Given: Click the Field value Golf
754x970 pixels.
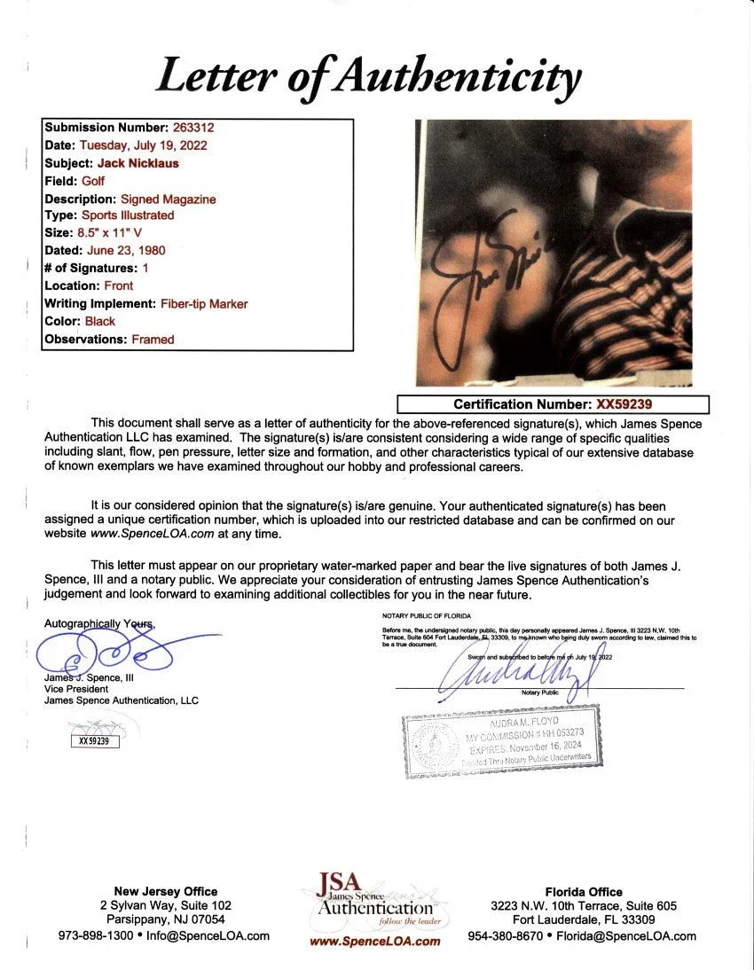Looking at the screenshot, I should click(x=93, y=181).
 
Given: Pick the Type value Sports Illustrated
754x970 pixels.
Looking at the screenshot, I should click(x=128, y=215).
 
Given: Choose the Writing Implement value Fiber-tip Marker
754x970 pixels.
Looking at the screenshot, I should click(x=204, y=303).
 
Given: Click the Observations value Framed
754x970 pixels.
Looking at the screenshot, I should click(x=153, y=339).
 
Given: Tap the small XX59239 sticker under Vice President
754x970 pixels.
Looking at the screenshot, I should click(x=94, y=741).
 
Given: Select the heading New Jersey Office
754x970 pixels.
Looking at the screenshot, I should click(x=165, y=891).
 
